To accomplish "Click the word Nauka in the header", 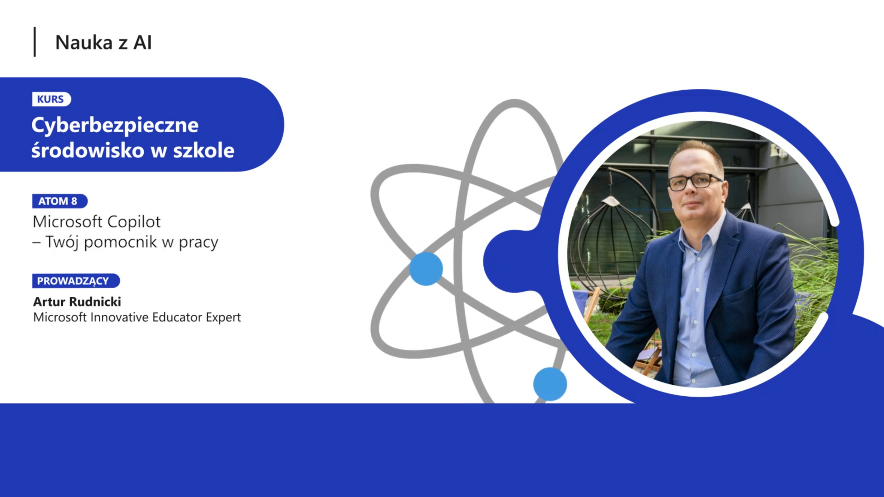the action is pyautogui.click(x=84, y=42).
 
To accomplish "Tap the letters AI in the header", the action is pyautogui.click(x=142, y=42).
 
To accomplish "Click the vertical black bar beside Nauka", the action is pyautogui.click(x=35, y=42).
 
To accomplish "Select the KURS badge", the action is pyautogui.click(x=51, y=99).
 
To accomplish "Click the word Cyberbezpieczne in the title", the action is pyautogui.click(x=115, y=126).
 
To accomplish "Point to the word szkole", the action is pyautogui.click(x=204, y=150).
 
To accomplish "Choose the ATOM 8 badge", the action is pyautogui.click(x=59, y=201).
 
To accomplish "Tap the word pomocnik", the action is pyautogui.click(x=120, y=242).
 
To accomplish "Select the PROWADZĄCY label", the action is pyautogui.click(x=76, y=281).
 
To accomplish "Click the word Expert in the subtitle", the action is pyautogui.click(x=223, y=318).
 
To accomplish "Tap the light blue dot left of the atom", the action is pyautogui.click(x=426, y=269).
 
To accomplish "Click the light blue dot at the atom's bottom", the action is pyautogui.click(x=550, y=384).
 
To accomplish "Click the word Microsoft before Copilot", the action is pyautogui.click(x=68, y=222).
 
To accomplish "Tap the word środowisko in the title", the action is pyautogui.click(x=88, y=150).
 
